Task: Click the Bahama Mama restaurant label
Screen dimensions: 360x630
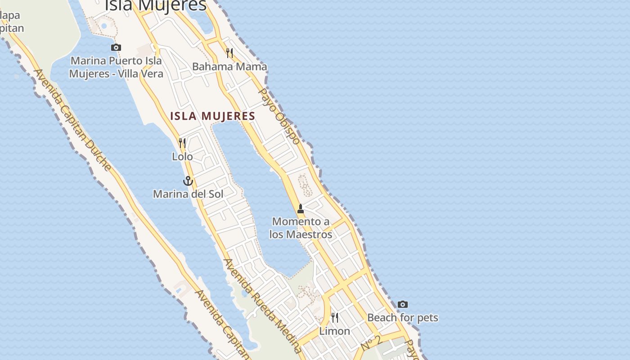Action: tap(229, 67)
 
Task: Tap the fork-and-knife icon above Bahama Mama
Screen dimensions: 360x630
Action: tap(229, 53)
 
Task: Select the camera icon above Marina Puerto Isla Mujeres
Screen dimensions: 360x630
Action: tap(116, 47)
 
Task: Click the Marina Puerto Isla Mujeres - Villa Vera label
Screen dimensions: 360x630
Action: tap(116, 67)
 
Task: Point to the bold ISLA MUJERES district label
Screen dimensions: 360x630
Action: tap(213, 116)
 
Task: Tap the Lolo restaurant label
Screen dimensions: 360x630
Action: tap(182, 157)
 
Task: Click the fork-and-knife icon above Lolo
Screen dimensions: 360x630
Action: tap(182, 143)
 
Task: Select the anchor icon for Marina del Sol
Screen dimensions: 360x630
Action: tap(188, 181)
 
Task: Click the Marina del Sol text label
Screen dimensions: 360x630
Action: tap(188, 194)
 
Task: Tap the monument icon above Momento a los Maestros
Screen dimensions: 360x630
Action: tap(301, 209)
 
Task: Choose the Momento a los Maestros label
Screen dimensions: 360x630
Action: tap(301, 228)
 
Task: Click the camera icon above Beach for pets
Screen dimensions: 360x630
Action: tap(403, 305)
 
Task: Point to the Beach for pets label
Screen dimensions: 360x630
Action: tap(403, 318)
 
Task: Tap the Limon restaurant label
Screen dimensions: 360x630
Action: tap(334, 331)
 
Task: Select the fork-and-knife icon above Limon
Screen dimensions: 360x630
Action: tap(335, 318)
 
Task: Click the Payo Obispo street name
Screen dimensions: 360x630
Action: tap(279, 116)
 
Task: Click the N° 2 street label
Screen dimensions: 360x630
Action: tap(371, 343)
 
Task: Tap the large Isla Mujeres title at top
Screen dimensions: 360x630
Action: tap(156, 5)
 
